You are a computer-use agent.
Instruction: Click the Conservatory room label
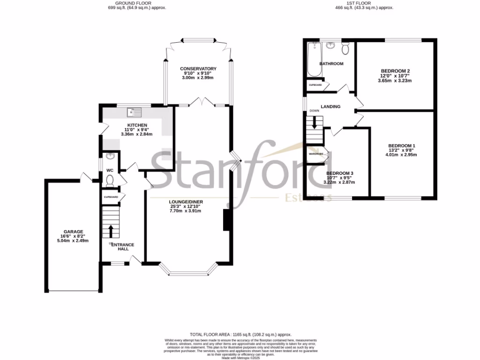198,69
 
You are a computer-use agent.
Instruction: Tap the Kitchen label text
133,125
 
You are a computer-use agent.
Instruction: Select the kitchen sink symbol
135,112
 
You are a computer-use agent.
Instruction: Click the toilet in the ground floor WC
110,180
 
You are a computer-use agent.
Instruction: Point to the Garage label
74,232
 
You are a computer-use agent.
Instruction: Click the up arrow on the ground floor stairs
111,231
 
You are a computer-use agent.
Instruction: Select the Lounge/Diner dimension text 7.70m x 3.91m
186,211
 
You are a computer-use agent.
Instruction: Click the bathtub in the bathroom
313,59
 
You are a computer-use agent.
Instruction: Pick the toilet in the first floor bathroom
346,48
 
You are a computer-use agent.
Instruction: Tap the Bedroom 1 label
401,145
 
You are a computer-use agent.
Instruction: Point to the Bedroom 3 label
339,173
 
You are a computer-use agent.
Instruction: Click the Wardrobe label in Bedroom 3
316,154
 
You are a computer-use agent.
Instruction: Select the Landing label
330,107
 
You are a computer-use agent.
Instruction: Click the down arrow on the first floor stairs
315,123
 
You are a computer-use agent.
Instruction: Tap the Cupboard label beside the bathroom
315,85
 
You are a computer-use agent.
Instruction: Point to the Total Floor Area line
240,333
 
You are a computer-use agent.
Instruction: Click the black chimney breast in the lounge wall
226,220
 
